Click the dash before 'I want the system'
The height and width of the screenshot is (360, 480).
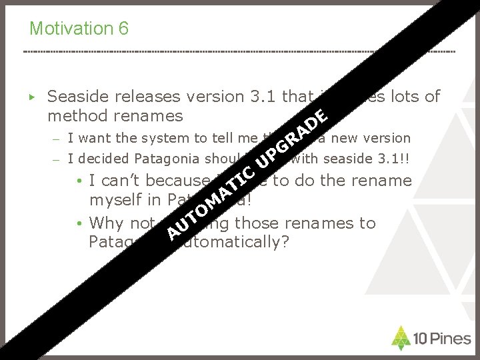pos(58,139)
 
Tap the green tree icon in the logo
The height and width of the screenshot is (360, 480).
pos(400,337)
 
